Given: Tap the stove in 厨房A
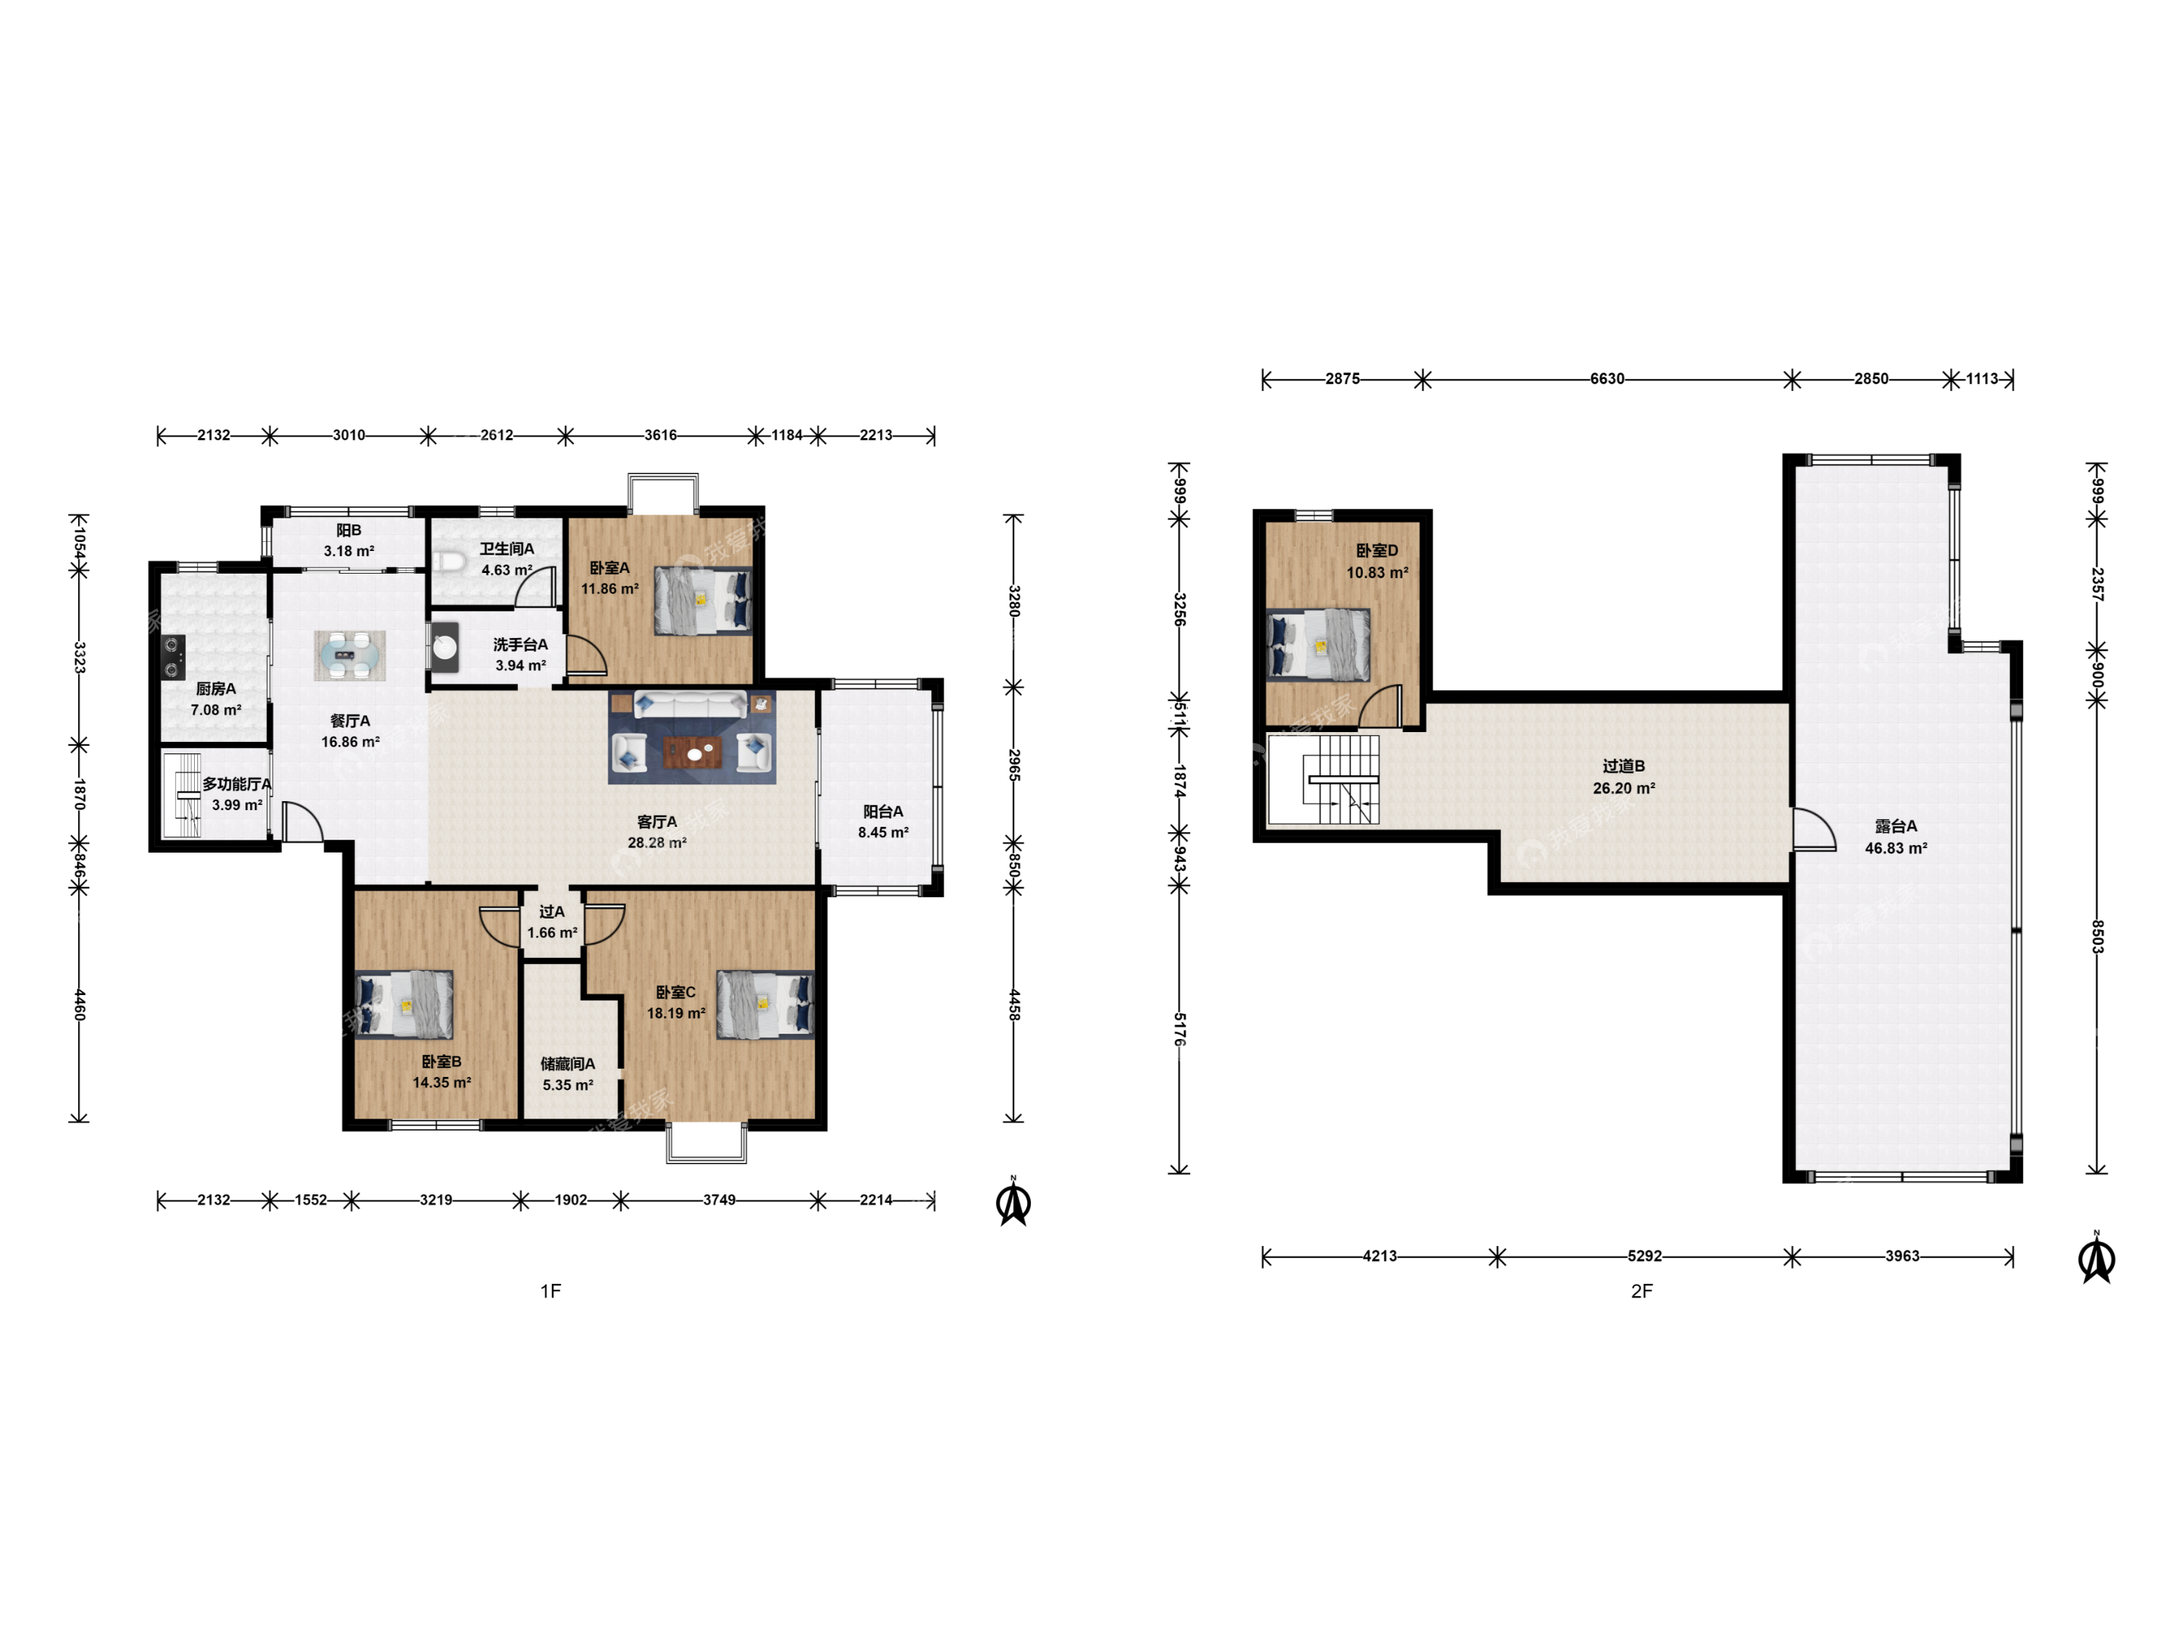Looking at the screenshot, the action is coord(174,656).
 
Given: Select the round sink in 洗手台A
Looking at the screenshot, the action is coord(445,647).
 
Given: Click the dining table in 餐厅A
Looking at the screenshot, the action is coord(349,656).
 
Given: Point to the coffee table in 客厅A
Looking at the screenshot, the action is coord(694,753).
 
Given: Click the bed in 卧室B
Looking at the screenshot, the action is coord(404,1004).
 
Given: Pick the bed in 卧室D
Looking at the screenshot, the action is coord(1317,646).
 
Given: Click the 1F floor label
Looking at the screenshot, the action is coord(551,1291).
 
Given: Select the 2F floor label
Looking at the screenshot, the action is coord(1641,1291).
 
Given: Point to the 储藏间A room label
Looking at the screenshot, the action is coord(568,1064).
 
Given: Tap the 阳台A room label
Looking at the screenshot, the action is coord(883,811).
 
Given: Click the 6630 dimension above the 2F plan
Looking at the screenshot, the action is coord(1607,379).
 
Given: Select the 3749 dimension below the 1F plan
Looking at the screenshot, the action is coord(719,1200).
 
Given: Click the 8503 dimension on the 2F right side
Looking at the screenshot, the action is coord(2098,937).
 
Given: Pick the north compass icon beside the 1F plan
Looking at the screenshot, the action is coord(1013,1201).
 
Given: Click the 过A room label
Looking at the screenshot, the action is coord(553,912).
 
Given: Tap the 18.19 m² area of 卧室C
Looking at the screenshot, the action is coord(676,1013).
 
